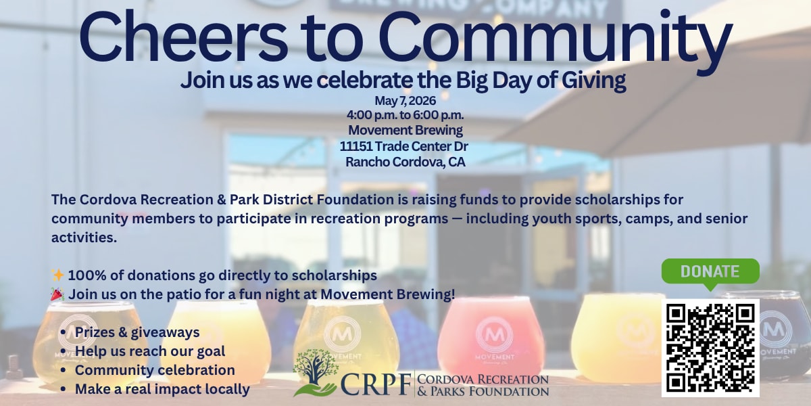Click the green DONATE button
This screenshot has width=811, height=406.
click(x=710, y=272)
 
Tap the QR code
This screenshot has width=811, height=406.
click(x=710, y=348)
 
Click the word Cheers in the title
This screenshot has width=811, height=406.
click(x=183, y=37)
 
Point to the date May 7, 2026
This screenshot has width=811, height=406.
click(x=405, y=101)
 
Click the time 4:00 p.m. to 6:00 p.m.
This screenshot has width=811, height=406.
click(x=405, y=115)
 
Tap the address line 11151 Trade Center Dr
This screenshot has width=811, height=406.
click(x=403, y=146)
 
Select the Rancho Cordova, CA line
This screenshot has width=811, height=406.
click(x=405, y=162)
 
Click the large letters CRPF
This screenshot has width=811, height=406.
click(x=376, y=384)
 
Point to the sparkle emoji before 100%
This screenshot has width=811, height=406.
click(x=57, y=275)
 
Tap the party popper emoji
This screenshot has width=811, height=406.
click(x=57, y=294)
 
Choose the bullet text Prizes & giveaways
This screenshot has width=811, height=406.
click(x=137, y=332)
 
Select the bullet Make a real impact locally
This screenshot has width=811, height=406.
click(x=162, y=389)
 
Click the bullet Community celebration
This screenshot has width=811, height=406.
click(x=155, y=370)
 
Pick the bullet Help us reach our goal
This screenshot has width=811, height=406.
click(x=150, y=351)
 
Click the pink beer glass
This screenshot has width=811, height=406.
click(x=491, y=337)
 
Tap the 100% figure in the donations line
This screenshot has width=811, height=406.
click(x=87, y=275)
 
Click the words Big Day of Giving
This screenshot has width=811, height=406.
click(x=541, y=81)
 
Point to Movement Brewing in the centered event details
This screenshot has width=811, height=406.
click(x=405, y=131)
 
